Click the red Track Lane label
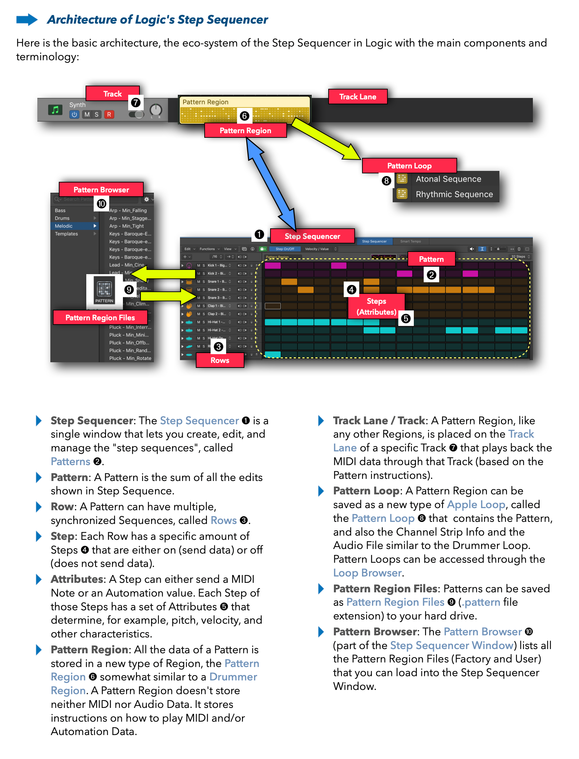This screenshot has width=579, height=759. (357, 97)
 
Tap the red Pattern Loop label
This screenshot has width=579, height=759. (409, 166)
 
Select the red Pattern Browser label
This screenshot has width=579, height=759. (101, 190)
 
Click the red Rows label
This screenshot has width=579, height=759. (220, 360)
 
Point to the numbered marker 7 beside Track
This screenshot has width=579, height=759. (136, 103)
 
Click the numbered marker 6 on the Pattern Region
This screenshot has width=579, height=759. (244, 116)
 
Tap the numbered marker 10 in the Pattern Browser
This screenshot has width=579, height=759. (101, 204)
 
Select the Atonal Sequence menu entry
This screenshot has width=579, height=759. (448, 179)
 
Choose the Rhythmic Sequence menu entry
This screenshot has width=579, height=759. (454, 194)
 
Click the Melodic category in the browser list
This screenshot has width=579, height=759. (64, 226)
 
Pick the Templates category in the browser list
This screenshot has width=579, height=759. (66, 234)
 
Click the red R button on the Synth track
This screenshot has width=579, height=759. (109, 114)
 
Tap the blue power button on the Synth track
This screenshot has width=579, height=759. (74, 114)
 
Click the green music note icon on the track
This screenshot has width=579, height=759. (55, 110)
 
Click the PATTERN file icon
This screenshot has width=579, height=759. (104, 290)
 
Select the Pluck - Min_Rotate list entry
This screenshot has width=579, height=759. (130, 358)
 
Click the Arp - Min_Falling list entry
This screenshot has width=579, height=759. (128, 210)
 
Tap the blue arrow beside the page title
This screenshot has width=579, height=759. (27, 20)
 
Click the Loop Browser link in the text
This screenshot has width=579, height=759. (367, 573)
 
